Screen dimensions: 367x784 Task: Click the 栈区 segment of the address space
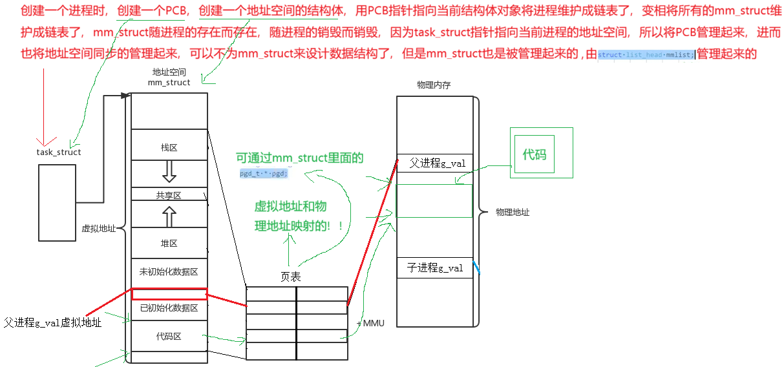coord(169,148)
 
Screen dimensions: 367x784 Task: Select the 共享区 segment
coord(169,195)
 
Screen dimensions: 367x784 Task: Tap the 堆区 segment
coord(169,244)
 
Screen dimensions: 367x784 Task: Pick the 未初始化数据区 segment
coord(169,271)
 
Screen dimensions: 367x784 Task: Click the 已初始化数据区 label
coord(169,308)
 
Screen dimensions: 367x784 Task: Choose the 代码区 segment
coord(169,337)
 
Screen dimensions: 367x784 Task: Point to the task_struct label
coord(59,152)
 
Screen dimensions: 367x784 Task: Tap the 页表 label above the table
coord(290,277)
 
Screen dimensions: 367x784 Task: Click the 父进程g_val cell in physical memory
coord(437,163)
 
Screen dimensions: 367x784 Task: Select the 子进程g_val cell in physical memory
coord(434,267)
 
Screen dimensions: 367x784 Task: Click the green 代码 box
coord(534,155)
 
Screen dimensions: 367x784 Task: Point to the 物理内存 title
coord(435,85)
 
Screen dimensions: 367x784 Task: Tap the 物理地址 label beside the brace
coord(513,212)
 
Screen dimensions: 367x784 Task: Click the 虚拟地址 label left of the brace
coord(98,228)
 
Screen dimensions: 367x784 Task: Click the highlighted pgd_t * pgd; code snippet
coord(264,174)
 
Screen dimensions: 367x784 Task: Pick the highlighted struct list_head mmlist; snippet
coord(646,55)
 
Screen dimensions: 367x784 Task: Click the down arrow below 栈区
coord(169,171)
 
